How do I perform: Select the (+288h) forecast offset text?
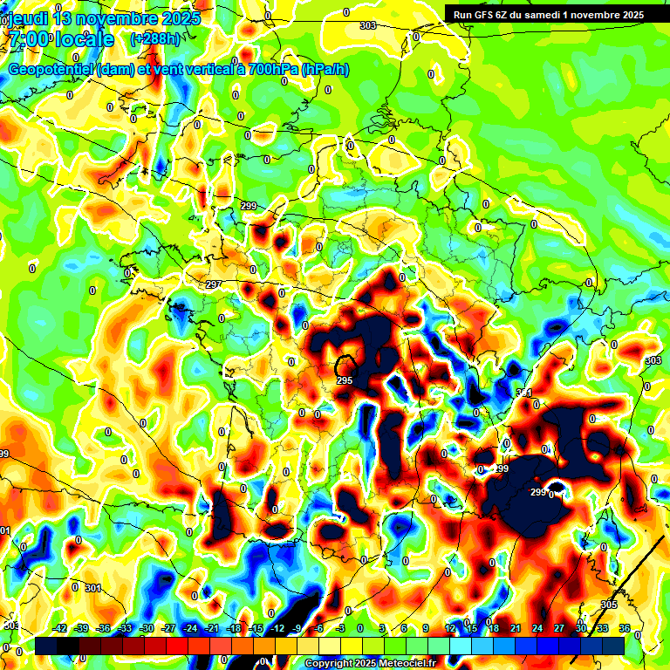[154, 39]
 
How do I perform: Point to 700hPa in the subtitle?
[270, 70]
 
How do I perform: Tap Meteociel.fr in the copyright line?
[400, 664]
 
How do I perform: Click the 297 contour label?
[214, 285]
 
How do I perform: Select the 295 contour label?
[344, 380]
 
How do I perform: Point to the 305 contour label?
[609, 605]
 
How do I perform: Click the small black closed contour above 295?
[346, 365]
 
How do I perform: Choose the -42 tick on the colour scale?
[60, 628]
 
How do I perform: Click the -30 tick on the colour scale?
[147, 628]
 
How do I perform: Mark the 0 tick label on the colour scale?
[359, 628]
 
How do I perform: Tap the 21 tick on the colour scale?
[515, 628]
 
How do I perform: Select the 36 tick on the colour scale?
[624, 628]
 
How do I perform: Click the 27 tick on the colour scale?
[558, 628]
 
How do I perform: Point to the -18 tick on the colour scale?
[234, 628]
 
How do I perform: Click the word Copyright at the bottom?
[329, 664]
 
